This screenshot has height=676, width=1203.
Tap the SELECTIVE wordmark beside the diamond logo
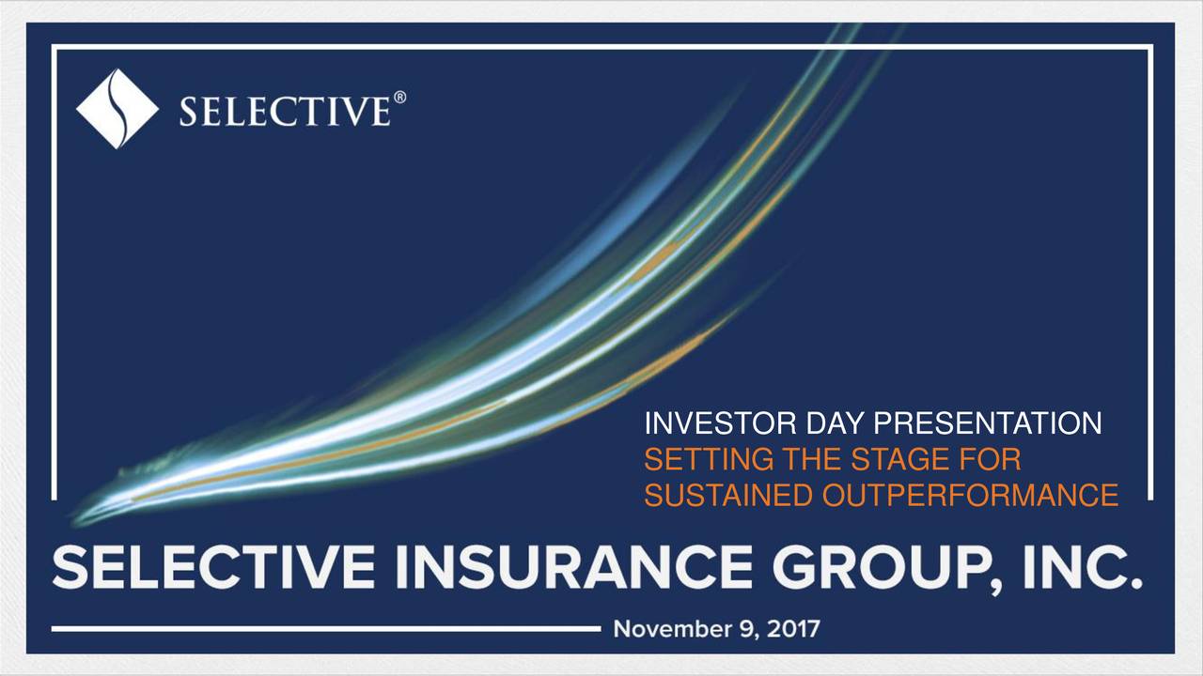click(283, 113)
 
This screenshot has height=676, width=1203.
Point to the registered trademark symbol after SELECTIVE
click(399, 97)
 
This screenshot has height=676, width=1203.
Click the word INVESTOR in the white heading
click(721, 425)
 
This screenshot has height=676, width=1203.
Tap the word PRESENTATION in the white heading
click(988, 425)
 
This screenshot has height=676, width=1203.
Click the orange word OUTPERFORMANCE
click(967, 495)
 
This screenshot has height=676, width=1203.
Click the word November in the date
click(664, 628)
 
